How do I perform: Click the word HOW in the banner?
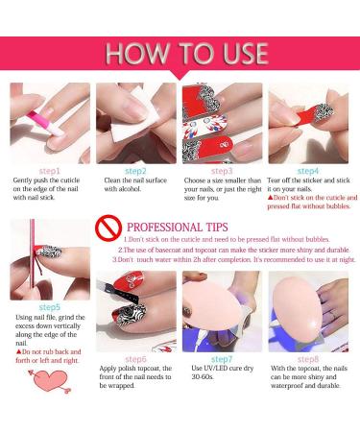pyautogui.click(x=137, y=53)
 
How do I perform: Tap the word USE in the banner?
pyautogui.click(x=246, y=53)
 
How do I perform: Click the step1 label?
pyautogui.click(x=50, y=171)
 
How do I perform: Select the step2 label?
pyautogui.click(x=135, y=171)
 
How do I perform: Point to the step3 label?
pyautogui.click(x=222, y=171)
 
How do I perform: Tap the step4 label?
pyautogui.click(x=308, y=171)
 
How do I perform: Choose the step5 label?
pyautogui.click(x=50, y=307)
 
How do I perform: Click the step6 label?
pyautogui.click(x=135, y=359)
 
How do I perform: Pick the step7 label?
pyautogui.click(x=222, y=359)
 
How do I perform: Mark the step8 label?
pyautogui.click(x=308, y=359)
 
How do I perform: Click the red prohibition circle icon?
pyautogui.click(x=108, y=228)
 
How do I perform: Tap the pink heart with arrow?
pyautogui.click(x=51, y=381)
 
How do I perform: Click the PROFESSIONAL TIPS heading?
pyautogui.click(x=178, y=228)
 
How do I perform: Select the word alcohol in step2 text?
pyautogui.click(x=130, y=189)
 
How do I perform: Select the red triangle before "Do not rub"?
pyautogui.click(x=18, y=352)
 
